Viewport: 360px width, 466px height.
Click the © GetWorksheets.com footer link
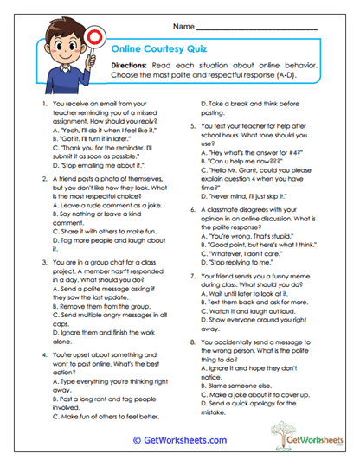[x=179, y=439]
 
